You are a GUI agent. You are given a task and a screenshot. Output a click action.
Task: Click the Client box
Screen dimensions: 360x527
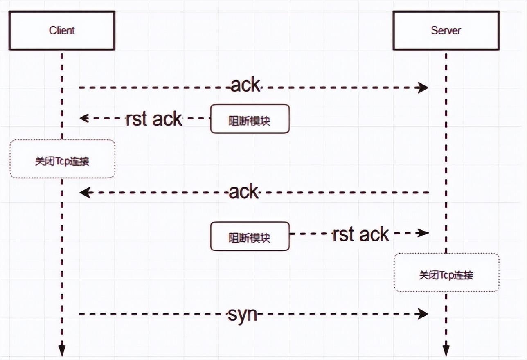pyautogui.click(x=62, y=30)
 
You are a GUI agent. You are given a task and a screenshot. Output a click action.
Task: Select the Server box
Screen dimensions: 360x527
pyautogui.click(x=446, y=30)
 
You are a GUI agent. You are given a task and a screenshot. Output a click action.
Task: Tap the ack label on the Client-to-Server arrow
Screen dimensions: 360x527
pyautogui.click(x=245, y=85)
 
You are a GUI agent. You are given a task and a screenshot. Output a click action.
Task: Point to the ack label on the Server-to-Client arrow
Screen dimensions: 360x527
pyautogui.click(x=244, y=191)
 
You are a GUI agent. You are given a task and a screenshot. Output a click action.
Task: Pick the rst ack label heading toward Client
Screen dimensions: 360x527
pyautogui.click(x=153, y=119)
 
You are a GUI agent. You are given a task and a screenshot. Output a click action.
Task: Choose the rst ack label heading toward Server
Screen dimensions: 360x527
pyautogui.click(x=360, y=234)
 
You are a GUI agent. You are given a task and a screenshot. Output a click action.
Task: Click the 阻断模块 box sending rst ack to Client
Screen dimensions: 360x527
pyautogui.click(x=250, y=119)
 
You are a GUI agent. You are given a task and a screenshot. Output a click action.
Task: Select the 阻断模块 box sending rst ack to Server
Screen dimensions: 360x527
pyautogui.click(x=250, y=236)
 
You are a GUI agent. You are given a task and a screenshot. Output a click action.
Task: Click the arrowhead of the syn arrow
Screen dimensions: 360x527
pyautogui.click(x=423, y=314)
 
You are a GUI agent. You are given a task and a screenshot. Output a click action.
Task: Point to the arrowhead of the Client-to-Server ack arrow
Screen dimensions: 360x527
pyautogui.click(x=423, y=87)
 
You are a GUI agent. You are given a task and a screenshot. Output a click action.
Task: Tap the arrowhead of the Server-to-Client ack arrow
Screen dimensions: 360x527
pyautogui.click(x=85, y=192)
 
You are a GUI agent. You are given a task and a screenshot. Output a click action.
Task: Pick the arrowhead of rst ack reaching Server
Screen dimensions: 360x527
pyautogui.click(x=423, y=233)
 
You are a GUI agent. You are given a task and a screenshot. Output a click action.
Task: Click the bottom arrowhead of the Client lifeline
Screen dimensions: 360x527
pyautogui.click(x=62, y=350)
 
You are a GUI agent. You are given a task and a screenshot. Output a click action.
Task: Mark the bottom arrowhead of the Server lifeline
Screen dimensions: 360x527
pyautogui.click(x=446, y=350)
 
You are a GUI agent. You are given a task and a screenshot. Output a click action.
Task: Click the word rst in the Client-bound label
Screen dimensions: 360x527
pyautogui.click(x=135, y=119)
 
